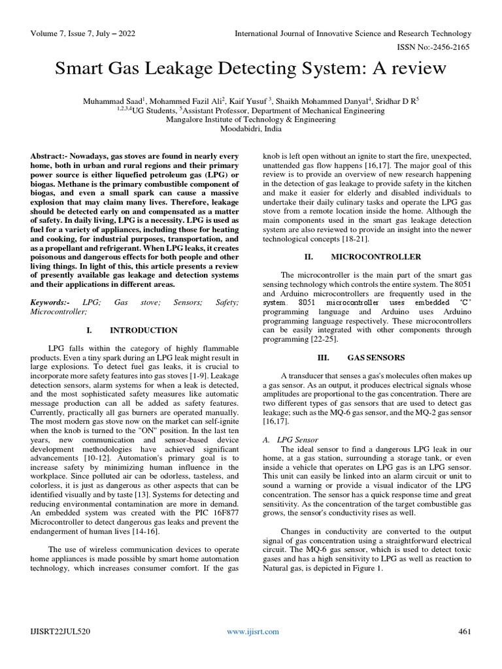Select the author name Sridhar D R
coord(395,101)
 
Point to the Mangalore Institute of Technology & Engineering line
coord(251,120)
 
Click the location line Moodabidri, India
coord(251,129)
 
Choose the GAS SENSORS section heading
coord(375,357)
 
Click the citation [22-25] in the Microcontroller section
coord(324,340)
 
